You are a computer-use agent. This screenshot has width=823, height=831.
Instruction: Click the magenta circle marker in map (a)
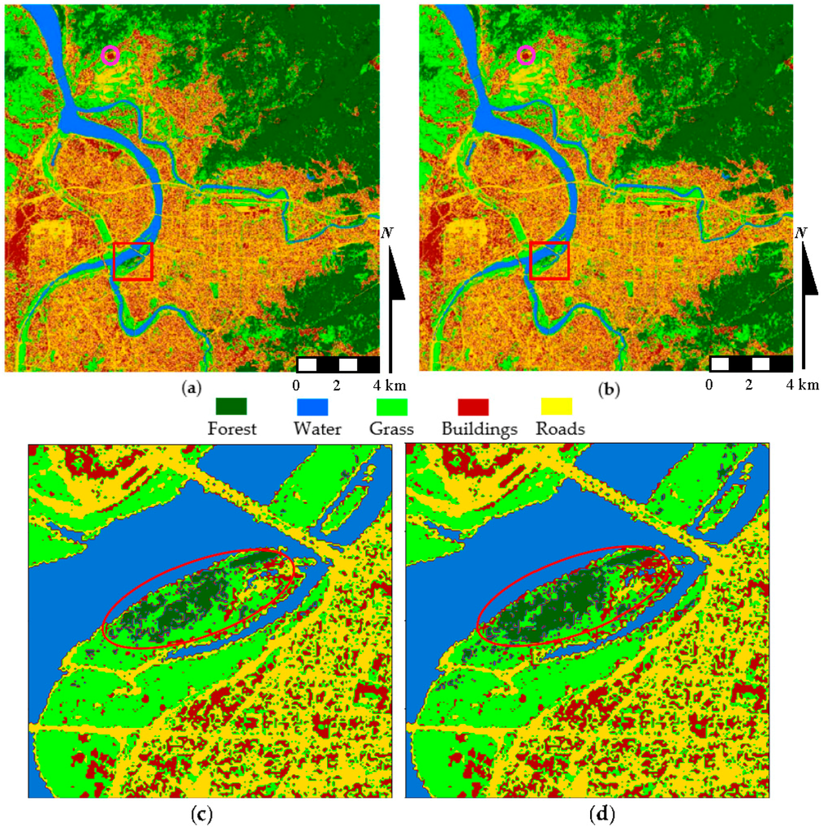click(x=110, y=55)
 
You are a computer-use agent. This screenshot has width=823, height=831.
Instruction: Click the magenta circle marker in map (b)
click(x=527, y=55)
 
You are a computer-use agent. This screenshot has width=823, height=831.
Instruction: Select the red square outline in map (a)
click(x=133, y=261)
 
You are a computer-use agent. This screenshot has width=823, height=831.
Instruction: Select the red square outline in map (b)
click(x=549, y=261)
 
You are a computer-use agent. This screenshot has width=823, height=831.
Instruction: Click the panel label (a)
click(x=192, y=390)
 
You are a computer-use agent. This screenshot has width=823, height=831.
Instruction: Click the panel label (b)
click(x=607, y=390)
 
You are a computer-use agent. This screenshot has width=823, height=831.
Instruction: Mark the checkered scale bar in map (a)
click(x=338, y=364)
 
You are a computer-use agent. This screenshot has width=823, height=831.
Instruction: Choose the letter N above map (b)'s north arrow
click(x=801, y=233)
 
